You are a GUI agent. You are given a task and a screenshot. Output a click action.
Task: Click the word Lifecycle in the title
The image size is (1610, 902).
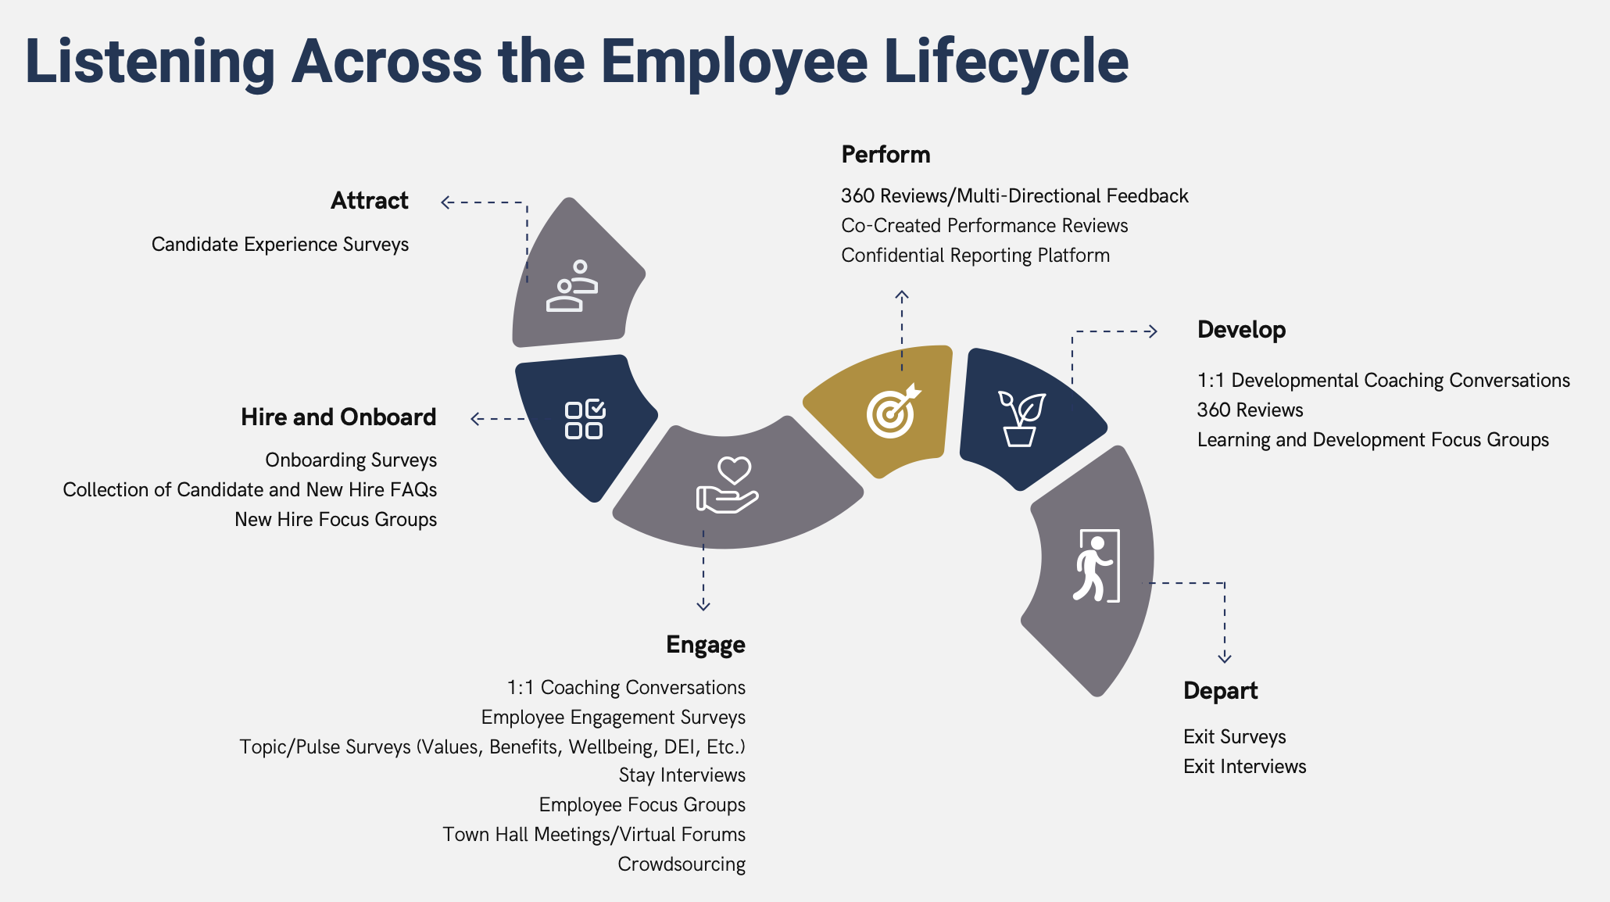coord(1007,62)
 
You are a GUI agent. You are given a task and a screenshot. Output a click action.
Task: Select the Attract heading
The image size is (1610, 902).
coord(370,201)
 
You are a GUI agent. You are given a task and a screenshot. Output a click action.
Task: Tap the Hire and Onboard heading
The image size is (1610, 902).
coord(338,417)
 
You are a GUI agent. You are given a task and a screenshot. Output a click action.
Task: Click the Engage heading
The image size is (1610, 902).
coord(706,646)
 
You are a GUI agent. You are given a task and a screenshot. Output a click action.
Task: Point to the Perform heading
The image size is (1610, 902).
coord(885,155)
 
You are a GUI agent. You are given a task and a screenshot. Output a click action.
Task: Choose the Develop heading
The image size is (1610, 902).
coord(1242,331)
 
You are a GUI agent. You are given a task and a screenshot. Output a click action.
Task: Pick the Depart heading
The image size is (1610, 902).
coord(1221,692)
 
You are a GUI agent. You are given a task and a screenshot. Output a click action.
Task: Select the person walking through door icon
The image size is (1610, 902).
coord(1097,565)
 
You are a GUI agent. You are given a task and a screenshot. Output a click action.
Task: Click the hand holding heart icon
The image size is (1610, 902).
coord(727,485)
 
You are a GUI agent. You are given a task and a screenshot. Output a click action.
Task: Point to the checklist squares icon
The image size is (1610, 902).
coord(585,420)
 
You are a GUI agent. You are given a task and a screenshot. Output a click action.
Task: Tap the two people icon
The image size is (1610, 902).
coord(572,286)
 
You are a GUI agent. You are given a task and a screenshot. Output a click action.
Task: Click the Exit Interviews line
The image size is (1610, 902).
coord(1245,767)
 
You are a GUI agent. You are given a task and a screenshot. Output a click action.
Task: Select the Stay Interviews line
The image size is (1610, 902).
coord(682,775)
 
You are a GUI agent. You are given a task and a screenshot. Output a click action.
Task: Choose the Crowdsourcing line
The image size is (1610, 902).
coord(682,864)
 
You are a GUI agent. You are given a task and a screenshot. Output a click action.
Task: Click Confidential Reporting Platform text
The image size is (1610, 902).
coord(975,256)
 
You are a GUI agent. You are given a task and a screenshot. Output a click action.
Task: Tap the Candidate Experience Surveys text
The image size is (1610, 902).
coord(281,245)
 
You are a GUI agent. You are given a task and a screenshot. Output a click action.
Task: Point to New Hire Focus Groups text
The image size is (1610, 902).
coord(336,520)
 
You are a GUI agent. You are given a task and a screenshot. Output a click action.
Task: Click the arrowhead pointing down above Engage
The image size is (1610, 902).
coord(703,605)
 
